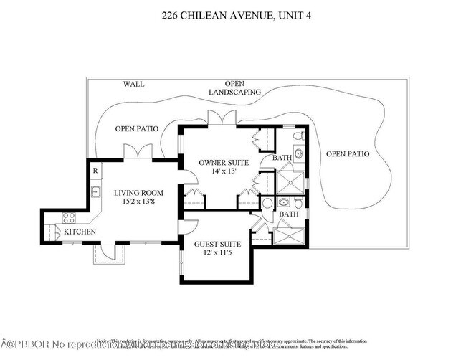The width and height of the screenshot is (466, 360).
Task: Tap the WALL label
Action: pyautogui.click(x=133, y=84)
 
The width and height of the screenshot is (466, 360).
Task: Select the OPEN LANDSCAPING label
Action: pyautogui.click(x=234, y=88)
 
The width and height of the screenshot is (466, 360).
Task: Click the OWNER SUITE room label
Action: pyautogui.click(x=224, y=163)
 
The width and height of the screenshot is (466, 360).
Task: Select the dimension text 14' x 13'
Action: pyautogui.click(x=224, y=171)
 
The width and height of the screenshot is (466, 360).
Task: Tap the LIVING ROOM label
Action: pyautogui.click(x=138, y=193)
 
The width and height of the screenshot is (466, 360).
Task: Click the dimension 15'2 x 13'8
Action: pyautogui.click(x=138, y=202)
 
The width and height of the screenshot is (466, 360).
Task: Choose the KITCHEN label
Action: pyautogui.click(x=80, y=232)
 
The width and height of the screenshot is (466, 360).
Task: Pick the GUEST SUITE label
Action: pyautogui.click(x=217, y=245)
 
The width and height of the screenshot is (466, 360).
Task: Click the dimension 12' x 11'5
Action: pyautogui.click(x=217, y=253)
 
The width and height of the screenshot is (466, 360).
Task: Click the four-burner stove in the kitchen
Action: pyautogui.click(x=70, y=218)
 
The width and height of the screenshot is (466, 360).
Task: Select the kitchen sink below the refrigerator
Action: pyautogui.click(x=95, y=191)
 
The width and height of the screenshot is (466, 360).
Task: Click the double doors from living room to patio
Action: pyautogui.click(x=137, y=152)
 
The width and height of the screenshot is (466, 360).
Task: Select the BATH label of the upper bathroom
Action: pyautogui.click(x=281, y=158)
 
